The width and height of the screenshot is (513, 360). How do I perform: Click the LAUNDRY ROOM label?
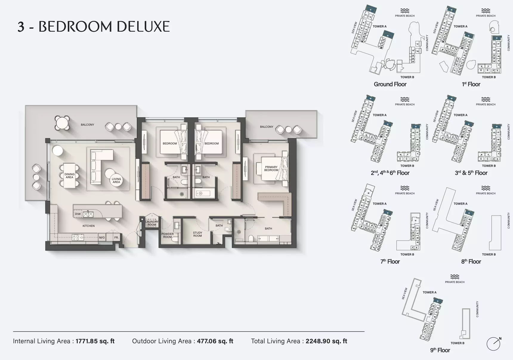(x=152, y=223)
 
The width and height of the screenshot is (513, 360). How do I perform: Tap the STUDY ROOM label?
(x=197, y=234)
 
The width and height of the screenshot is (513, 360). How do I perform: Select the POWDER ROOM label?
(x=167, y=236)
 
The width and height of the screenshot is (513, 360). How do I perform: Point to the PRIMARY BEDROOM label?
(x=271, y=169)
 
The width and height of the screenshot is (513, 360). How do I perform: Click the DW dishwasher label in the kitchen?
(x=78, y=214)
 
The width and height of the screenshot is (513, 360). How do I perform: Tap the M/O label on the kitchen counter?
(x=102, y=238)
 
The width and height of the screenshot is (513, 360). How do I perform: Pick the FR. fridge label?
(x=116, y=238)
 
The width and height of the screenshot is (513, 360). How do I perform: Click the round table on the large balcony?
(x=62, y=123)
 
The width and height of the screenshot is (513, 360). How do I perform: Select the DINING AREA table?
(x=69, y=176)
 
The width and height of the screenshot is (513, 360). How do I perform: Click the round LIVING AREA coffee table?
(x=116, y=180)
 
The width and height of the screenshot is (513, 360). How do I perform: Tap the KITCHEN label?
(x=89, y=226)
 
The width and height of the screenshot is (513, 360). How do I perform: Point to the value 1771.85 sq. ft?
(x=95, y=341)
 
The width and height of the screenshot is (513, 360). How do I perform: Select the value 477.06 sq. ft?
(x=215, y=341)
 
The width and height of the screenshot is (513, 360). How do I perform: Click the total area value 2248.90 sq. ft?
(x=326, y=341)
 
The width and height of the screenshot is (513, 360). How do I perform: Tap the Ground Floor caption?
(x=390, y=84)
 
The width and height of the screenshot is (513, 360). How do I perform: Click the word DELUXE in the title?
(x=143, y=27)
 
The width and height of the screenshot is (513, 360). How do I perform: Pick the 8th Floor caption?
(x=471, y=262)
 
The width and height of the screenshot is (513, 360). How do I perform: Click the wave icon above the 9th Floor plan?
(x=455, y=277)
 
